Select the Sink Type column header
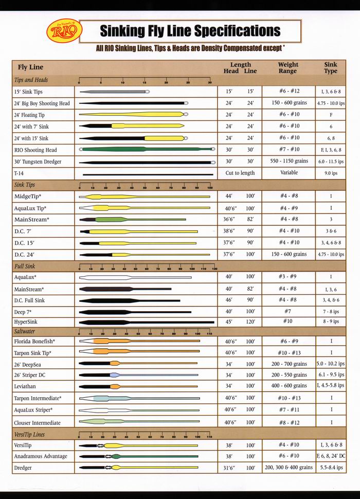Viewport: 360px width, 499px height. [x=330, y=68]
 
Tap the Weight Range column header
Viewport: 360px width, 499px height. [x=288, y=68]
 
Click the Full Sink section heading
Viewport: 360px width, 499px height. [x=25, y=266]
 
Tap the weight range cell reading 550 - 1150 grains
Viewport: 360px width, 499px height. [x=289, y=161]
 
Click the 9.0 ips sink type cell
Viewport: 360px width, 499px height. [x=330, y=173]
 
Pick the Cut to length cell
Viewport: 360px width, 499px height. [x=240, y=173]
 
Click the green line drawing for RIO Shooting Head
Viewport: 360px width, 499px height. [x=147, y=149]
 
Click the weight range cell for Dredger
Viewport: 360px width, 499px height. [x=289, y=468]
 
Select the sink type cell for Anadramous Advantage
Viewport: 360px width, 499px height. [x=331, y=456]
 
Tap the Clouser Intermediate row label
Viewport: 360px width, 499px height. [x=37, y=423]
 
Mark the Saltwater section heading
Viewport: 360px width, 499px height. [x=25, y=331]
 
